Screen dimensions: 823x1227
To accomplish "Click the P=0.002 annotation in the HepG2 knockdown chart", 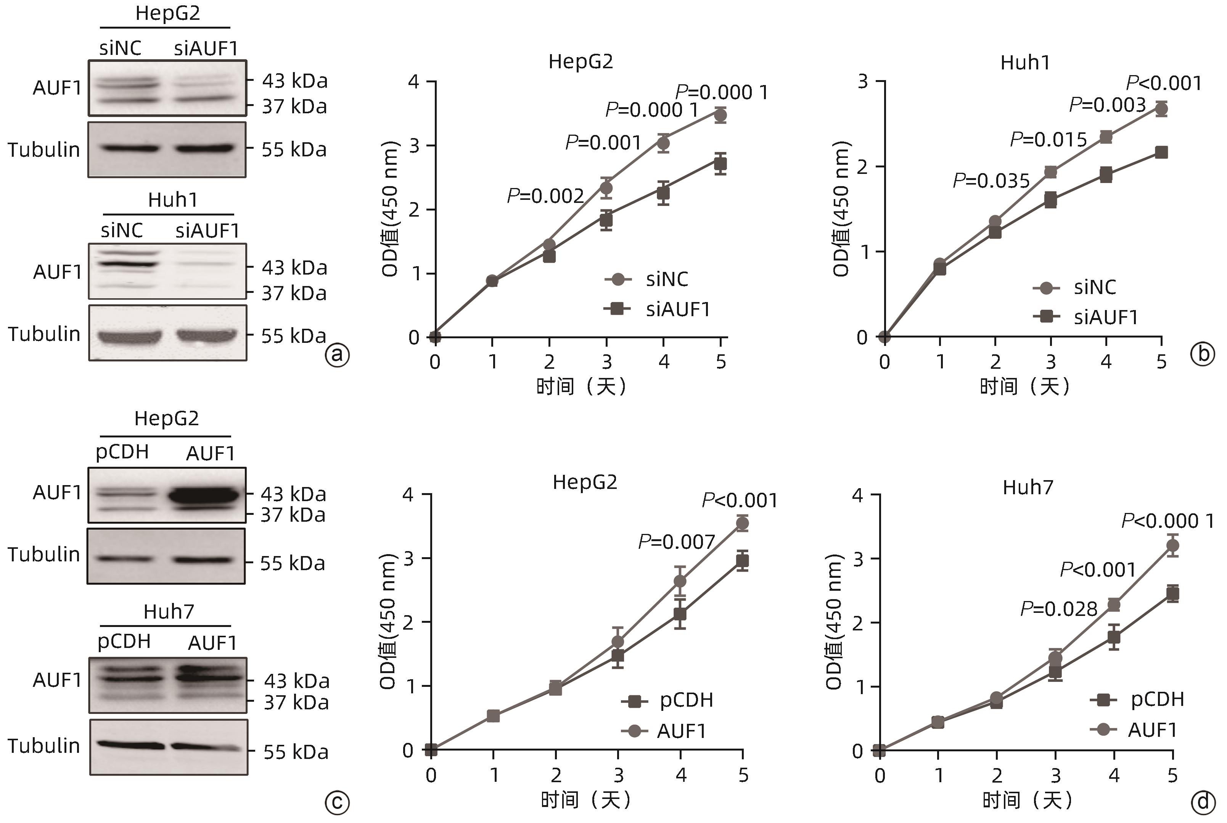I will pyautogui.click(x=545, y=196).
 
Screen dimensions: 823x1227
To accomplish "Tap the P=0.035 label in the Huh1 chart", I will pyautogui.click(x=991, y=181).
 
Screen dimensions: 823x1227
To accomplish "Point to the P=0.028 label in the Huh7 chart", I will pyautogui.click(x=1058, y=609).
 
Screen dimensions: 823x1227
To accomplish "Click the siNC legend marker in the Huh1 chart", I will pyautogui.click(x=1046, y=288).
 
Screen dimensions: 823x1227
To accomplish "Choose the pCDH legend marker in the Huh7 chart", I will pyautogui.click(x=1103, y=700).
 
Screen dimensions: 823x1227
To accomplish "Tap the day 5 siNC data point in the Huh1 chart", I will pyautogui.click(x=1161, y=109).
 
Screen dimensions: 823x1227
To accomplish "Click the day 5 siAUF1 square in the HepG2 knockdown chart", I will pyautogui.click(x=720, y=164).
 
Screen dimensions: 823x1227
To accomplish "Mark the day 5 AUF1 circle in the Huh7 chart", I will pyautogui.click(x=1172, y=546).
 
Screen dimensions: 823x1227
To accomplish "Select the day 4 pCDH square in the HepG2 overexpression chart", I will pyautogui.click(x=680, y=614).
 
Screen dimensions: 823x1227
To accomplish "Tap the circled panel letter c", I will pyautogui.click(x=337, y=803).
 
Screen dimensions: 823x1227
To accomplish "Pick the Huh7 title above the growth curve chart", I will pyautogui.click(x=1028, y=488).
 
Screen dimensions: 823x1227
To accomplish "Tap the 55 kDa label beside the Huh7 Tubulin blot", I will pyautogui.click(x=296, y=752).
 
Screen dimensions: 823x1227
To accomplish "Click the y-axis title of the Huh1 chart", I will pyautogui.click(x=840, y=209).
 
